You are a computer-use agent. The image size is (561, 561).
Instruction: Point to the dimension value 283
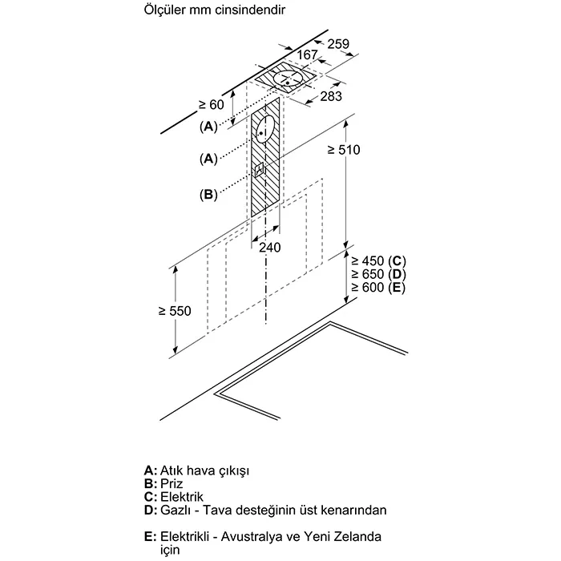330,96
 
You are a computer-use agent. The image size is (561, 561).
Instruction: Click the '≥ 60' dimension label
210,105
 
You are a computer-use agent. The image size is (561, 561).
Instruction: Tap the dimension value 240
270,248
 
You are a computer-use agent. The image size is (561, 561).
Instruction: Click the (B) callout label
208,193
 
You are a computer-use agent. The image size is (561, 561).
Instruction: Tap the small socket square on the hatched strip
259,169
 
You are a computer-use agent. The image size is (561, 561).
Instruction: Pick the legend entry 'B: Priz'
163,484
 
